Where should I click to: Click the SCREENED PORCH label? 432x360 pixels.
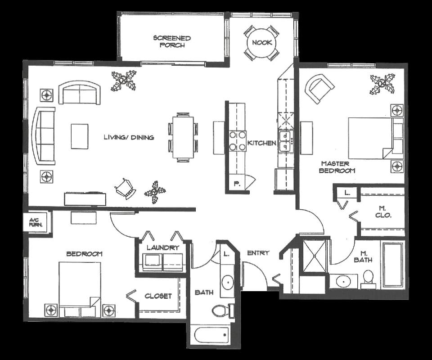pos(172,41)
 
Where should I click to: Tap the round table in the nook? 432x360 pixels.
pos(262,43)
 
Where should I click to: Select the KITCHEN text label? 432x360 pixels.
pos(261,143)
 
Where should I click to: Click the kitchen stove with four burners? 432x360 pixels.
pos(238,141)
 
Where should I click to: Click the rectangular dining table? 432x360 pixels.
pos(183,137)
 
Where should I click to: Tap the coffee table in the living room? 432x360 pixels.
pos(80,136)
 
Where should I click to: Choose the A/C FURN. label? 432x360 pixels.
pos(36,222)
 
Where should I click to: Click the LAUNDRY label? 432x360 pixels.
pos(163,247)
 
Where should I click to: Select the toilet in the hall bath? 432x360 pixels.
pos(223,310)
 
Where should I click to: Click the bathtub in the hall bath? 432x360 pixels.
pos(211,335)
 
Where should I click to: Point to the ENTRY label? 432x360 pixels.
pos(258,253)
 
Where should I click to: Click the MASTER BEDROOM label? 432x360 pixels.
pos(337,167)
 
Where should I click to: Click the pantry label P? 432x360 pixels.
pos(236,184)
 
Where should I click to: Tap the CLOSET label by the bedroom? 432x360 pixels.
pos(158,296)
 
